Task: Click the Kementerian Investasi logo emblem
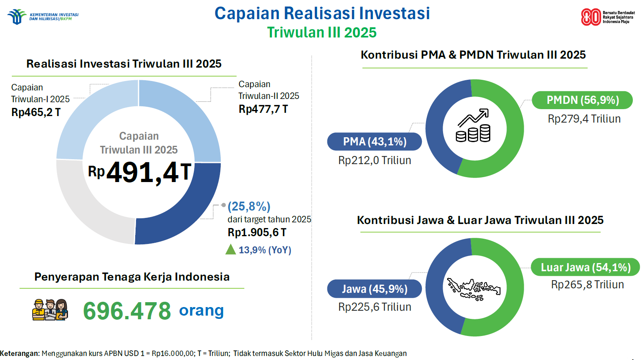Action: tap(17, 17)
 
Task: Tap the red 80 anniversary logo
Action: tap(590, 17)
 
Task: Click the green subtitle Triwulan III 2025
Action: tap(322, 33)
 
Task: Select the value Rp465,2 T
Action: tap(36, 112)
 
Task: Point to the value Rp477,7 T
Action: tap(263, 109)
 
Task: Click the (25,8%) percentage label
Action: tap(249, 206)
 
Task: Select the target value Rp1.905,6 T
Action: tap(257, 233)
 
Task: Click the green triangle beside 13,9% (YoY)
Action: tap(230, 249)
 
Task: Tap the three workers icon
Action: tap(50, 310)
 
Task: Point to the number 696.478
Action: tap(127, 311)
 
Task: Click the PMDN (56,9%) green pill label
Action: tap(582, 100)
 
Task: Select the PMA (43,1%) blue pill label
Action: tap(375, 142)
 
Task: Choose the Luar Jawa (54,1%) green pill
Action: tap(585, 268)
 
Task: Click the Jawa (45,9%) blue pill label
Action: tap(375, 289)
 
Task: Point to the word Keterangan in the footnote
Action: tap(19, 353)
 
